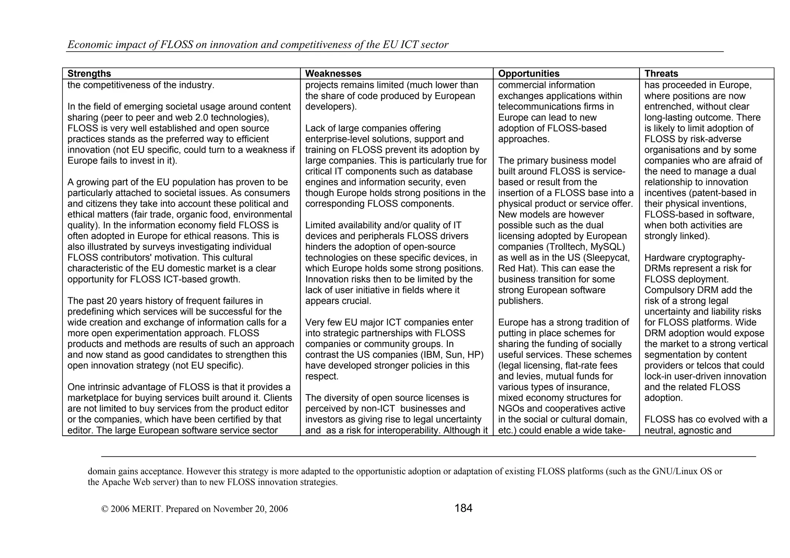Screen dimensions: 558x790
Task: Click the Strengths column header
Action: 89,74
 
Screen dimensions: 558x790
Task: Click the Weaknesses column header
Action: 333,74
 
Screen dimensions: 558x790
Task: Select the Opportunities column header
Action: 528,74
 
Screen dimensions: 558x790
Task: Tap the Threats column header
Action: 661,74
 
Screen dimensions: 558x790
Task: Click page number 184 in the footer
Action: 463,508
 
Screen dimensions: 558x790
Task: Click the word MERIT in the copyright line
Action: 147,509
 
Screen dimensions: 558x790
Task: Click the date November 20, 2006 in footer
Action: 250,509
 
